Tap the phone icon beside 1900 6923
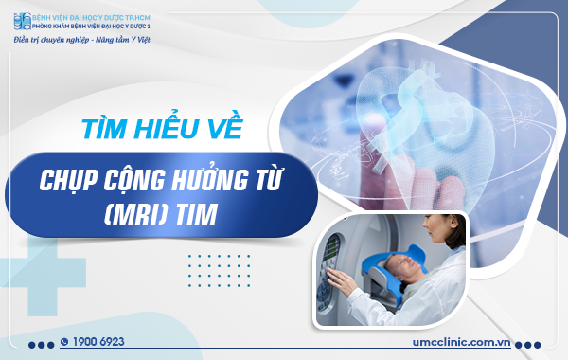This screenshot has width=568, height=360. pos(64,341)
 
